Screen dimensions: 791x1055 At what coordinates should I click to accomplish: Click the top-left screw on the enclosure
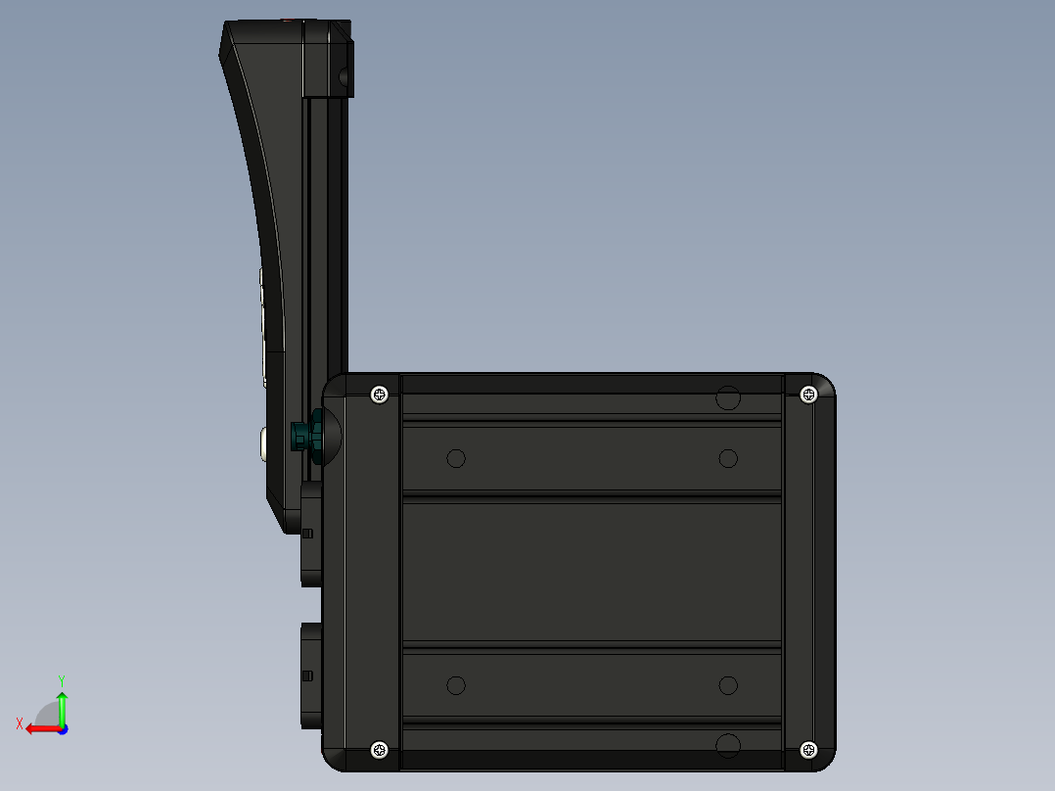tap(381, 395)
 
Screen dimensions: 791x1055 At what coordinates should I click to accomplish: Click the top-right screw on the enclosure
tap(808, 395)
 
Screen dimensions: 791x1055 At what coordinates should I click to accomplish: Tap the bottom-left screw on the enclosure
tap(381, 750)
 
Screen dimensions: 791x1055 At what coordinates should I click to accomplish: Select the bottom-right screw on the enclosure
tap(808, 750)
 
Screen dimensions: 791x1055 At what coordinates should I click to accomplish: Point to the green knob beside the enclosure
tap(307, 437)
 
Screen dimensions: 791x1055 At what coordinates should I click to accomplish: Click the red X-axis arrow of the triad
tap(39, 728)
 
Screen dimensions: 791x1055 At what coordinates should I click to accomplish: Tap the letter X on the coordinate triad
tap(20, 724)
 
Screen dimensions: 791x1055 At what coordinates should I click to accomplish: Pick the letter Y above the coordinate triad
tap(61, 679)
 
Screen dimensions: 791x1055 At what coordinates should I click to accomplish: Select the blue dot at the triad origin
tap(62, 729)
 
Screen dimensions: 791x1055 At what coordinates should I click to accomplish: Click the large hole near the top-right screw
tap(727, 397)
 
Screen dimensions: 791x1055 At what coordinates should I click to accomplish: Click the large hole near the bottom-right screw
tap(727, 747)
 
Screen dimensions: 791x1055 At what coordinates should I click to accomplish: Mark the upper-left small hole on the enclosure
tap(455, 458)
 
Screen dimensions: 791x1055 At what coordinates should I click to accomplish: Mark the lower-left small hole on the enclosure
tap(455, 685)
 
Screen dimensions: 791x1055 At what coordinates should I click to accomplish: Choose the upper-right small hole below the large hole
tap(727, 458)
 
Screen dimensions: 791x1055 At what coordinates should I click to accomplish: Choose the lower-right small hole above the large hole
tap(727, 685)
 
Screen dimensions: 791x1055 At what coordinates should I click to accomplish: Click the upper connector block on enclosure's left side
tap(311, 534)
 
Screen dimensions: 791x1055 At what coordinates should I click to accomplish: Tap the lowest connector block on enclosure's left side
tap(311, 675)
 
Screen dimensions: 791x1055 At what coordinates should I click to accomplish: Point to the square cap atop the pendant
tap(327, 61)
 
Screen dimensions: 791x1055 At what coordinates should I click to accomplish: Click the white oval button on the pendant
tap(264, 443)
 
